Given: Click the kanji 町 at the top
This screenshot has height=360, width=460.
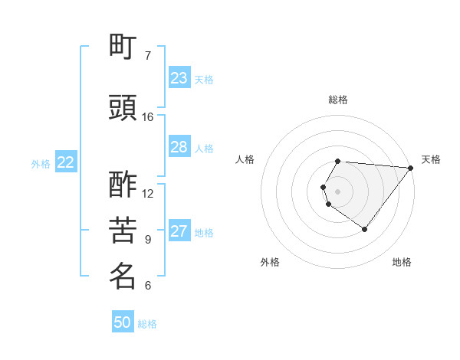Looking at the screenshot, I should point(123,47).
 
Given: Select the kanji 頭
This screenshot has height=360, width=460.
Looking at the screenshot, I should point(123,109).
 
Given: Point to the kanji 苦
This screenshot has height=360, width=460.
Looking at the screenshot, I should point(123,231).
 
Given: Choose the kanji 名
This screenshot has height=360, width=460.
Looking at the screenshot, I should point(123,277).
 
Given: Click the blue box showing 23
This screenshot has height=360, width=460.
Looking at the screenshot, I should point(179,78).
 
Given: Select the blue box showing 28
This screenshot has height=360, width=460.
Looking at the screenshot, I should point(179,147).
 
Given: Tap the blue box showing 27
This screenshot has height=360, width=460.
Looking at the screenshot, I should point(179,232).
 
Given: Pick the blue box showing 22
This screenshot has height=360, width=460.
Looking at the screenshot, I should point(66,162).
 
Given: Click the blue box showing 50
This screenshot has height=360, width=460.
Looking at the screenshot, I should point(123,322).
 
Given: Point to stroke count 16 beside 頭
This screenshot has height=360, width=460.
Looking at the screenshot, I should point(148,117).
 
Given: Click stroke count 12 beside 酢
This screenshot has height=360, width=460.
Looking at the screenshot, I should point(148,193).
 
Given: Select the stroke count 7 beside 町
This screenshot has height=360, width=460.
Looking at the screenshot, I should point(148,56).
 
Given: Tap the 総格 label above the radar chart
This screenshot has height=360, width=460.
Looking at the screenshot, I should point(338,100).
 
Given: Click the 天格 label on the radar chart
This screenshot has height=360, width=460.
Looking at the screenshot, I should point(431,159).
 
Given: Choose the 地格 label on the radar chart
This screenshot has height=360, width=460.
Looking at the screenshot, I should point(402,262).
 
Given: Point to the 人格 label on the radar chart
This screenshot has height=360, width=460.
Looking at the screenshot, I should point(245,159).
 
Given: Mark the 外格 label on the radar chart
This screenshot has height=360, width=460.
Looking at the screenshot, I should point(270,262).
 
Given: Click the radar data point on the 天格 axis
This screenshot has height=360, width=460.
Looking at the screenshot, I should point(411,167).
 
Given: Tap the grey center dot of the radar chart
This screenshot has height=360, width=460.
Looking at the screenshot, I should point(337,190).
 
